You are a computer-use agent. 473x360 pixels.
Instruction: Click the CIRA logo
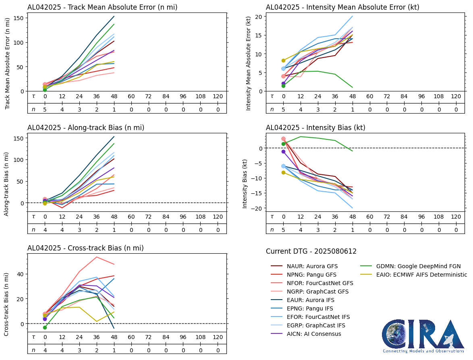[x=423, y=336]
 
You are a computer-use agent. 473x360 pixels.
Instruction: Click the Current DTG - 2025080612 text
[x=311, y=252]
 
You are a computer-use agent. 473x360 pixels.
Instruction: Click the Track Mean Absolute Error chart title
[x=102, y=7]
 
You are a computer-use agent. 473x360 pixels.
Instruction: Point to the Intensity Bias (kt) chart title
[x=315, y=128]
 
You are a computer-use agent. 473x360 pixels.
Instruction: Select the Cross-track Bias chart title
[x=85, y=248]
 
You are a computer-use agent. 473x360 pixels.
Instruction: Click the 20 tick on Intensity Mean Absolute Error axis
[x=258, y=17]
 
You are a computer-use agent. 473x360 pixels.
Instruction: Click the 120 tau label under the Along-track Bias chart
[x=218, y=217]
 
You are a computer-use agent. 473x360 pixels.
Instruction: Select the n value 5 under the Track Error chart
[x=45, y=109]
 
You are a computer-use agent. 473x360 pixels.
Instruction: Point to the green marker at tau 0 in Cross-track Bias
[x=45, y=327]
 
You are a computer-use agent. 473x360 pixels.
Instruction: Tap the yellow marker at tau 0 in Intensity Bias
[x=283, y=172]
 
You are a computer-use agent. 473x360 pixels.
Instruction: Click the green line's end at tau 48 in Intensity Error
[x=353, y=87]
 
